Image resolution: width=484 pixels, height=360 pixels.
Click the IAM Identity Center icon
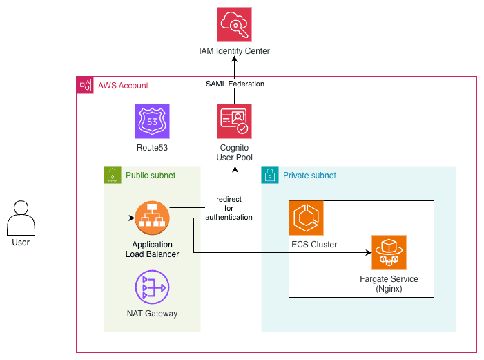coord(234,25)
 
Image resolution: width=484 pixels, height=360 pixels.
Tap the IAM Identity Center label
coord(234,51)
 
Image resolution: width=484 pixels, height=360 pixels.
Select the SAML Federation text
coord(235,84)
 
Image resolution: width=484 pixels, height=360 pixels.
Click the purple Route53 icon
coord(153,122)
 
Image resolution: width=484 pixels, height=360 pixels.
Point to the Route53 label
coord(153,147)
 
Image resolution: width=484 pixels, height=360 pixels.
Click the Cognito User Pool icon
coord(234,122)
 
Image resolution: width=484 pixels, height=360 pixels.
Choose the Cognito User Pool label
coord(234,153)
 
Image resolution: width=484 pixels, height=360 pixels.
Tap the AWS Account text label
coord(123,86)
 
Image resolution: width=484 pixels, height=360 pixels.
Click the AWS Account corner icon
coord(85,85)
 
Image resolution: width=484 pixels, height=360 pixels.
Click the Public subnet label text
coord(151,176)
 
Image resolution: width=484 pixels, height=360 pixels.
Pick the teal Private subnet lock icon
coord(270,175)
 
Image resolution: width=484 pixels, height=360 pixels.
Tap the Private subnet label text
coord(309,176)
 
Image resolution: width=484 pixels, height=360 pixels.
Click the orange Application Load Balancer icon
coord(153,218)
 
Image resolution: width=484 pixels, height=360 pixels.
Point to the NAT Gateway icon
coord(153,287)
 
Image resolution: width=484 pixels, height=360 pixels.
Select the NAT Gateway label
coord(153,314)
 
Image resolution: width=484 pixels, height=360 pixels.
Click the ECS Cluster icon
coord(306,218)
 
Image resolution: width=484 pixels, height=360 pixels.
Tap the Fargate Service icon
coord(389,252)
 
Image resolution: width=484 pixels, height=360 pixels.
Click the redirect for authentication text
coord(229,207)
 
